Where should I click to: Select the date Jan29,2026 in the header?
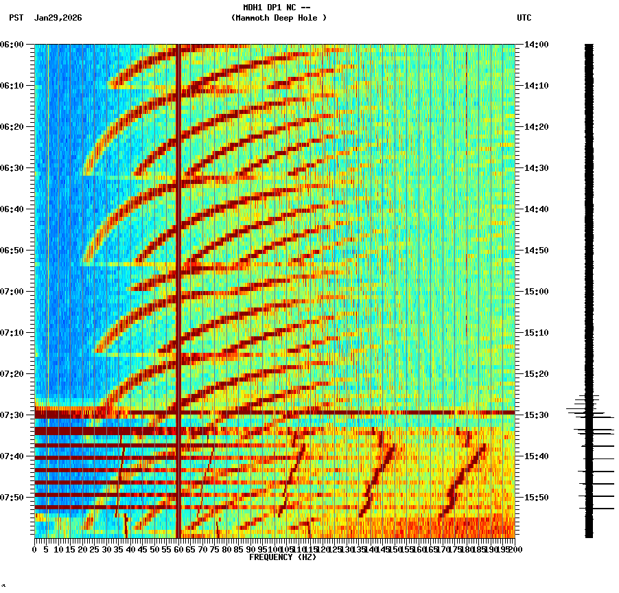pos(58,18)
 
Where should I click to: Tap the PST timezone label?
pos(16,18)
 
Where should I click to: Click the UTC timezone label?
pos(524,18)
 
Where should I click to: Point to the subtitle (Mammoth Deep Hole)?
pos(279,18)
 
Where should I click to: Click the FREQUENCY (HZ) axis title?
pos(282,557)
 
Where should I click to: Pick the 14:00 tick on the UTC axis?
pos(536,45)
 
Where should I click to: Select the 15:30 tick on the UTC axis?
pos(536,415)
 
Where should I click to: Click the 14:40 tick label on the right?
pos(536,209)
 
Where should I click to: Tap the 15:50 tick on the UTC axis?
pos(536,498)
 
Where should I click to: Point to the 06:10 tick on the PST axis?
pos(12,86)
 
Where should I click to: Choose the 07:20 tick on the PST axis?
pos(12,374)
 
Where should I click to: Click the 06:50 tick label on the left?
pos(12,251)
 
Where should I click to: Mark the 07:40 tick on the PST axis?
pos(12,456)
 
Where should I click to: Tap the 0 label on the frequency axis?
pos(35,550)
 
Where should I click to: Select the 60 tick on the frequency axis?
pos(178,550)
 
